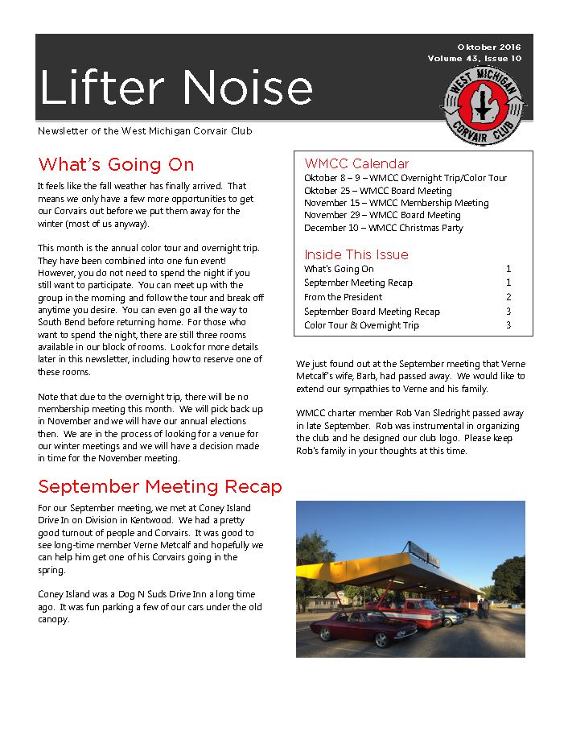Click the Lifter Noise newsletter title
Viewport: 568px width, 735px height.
(x=175, y=87)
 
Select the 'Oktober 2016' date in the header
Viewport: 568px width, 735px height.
(x=489, y=47)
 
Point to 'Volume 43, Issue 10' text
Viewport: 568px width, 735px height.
(x=475, y=59)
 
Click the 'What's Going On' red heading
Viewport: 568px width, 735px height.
(x=116, y=165)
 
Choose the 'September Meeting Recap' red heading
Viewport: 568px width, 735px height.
(x=160, y=487)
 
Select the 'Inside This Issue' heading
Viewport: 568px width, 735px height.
(x=356, y=254)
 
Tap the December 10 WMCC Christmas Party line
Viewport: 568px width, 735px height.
(x=384, y=228)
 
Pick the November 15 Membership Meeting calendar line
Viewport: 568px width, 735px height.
(x=396, y=203)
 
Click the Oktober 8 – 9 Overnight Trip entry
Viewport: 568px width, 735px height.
(x=405, y=178)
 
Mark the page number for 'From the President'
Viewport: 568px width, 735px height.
(x=508, y=297)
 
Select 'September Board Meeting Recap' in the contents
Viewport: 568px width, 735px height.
(x=372, y=312)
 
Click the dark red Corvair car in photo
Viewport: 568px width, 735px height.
(x=354, y=625)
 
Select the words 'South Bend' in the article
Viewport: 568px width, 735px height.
(x=61, y=322)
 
